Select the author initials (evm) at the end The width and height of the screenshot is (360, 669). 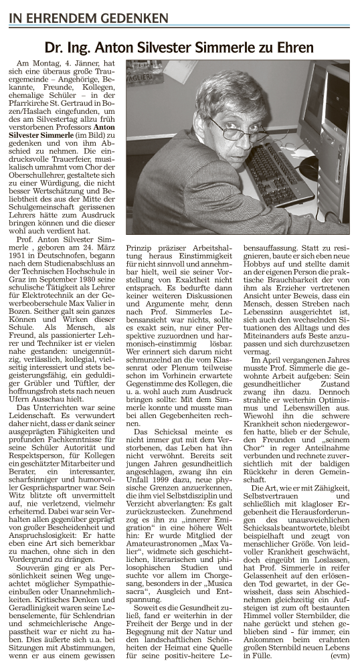coord(339,658)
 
